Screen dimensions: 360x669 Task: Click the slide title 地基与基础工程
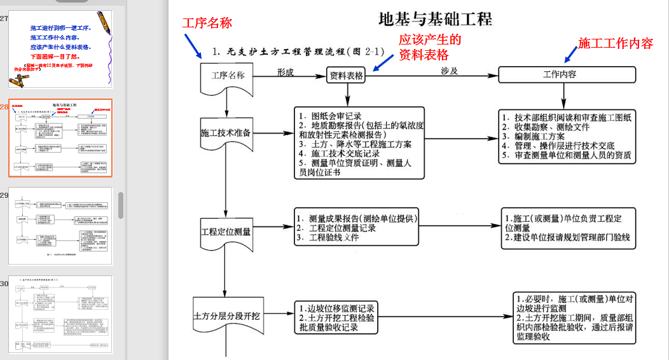435,19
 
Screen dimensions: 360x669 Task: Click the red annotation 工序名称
207,24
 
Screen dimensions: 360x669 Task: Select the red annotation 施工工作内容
616,43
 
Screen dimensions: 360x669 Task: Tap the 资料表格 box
347,75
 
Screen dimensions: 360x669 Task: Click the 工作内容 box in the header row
560,74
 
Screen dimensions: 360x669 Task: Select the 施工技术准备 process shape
226,134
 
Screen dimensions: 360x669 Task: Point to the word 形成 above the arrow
286,72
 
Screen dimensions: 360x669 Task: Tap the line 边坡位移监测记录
341,308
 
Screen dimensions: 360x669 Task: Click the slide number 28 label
4,107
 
